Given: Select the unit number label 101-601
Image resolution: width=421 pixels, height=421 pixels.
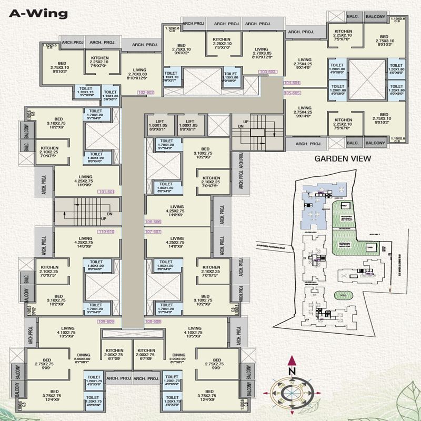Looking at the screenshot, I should coord(106,191).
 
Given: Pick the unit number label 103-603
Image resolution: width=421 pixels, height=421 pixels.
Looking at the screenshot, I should coord(268,71).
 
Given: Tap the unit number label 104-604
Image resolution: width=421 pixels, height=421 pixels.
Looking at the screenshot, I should coord(292,83).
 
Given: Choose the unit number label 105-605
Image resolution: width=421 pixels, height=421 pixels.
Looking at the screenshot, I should coord(292,93).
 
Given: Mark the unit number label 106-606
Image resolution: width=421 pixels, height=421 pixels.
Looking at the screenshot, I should coord(153,222).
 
